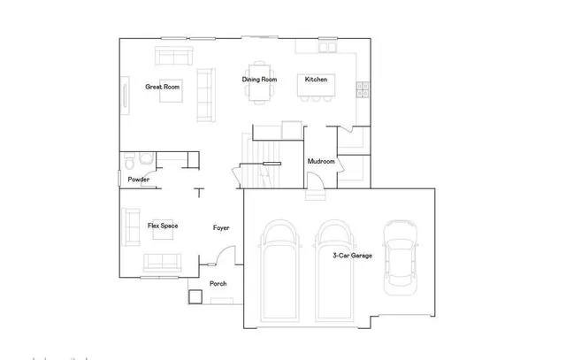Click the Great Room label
(x=163, y=87)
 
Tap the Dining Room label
(x=260, y=80)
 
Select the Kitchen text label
(x=317, y=80)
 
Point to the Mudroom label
(x=320, y=162)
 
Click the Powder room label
(x=138, y=180)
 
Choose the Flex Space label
(x=163, y=226)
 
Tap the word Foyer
(x=221, y=228)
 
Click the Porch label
(x=218, y=284)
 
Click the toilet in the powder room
(x=130, y=162)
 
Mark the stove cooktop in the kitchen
(x=361, y=88)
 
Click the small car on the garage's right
(x=399, y=257)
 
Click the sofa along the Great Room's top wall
(x=175, y=56)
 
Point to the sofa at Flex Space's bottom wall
(x=161, y=263)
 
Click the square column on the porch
(x=195, y=296)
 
